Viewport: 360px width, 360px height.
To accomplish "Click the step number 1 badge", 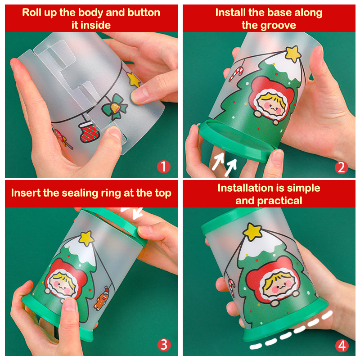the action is (164, 166).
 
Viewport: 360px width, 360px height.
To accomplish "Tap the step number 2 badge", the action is (342, 167).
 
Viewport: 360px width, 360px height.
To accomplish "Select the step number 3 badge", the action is (164, 344).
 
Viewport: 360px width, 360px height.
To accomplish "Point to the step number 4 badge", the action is (342, 345).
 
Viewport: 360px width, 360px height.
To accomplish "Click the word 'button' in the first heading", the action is (144, 13).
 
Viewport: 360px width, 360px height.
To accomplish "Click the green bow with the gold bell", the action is (115, 107).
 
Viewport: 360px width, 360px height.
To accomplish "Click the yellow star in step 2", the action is (293, 54).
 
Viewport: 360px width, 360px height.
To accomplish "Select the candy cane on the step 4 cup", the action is (232, 288).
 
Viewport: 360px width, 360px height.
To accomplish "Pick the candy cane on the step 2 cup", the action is (237, 74).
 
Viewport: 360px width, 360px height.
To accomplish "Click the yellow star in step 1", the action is (134, 80).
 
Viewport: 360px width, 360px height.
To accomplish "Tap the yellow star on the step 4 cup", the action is (252, 232).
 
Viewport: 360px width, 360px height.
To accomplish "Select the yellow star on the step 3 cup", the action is (86, 238).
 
